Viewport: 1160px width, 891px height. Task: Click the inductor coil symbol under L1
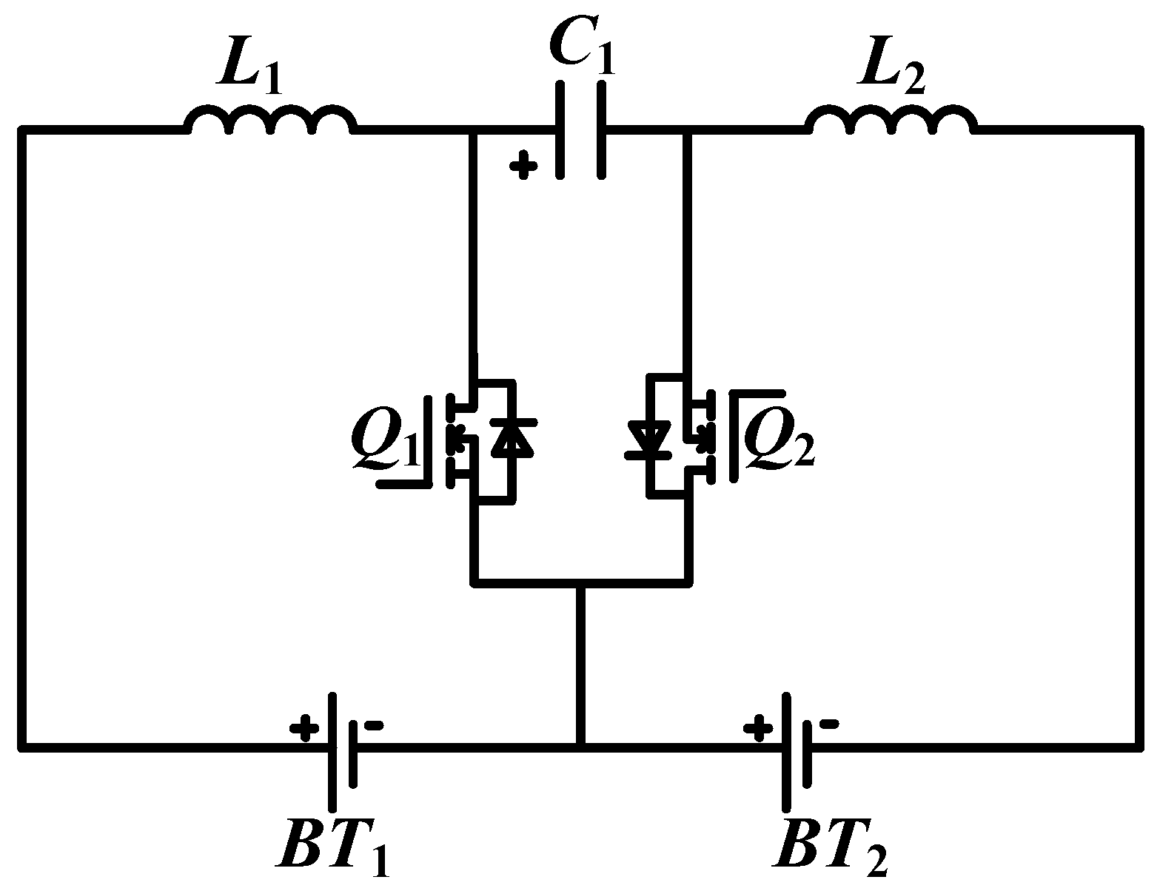(270, 121)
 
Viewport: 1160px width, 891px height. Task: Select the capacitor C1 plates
(582, 130)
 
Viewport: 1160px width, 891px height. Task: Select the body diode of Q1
(512, 437)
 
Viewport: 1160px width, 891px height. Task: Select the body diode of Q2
(649, 437)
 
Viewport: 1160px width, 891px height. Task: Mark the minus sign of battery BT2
(830, 724)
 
